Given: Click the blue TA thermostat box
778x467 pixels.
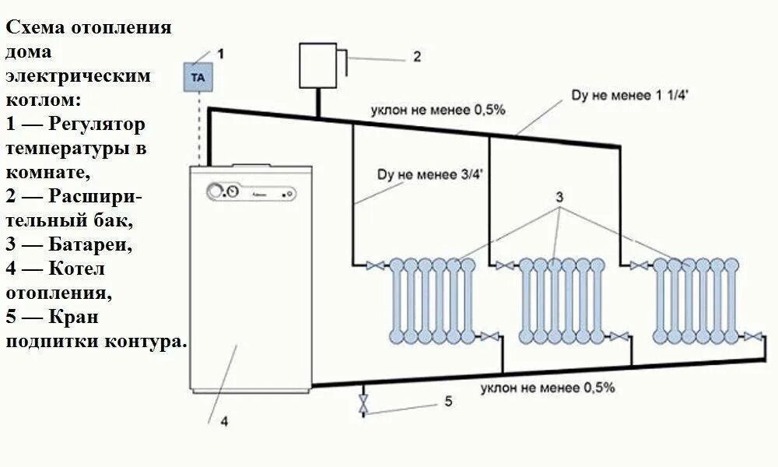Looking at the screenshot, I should coord(198,78).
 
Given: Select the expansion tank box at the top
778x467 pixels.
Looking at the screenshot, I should coord(319,67).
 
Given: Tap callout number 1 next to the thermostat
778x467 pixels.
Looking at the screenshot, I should coord(220,54).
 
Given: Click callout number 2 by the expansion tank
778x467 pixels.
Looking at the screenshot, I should coord(417,56).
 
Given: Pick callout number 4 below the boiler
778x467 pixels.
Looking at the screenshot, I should coord(224,422).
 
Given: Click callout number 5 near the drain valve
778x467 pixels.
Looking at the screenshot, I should coord(448,402).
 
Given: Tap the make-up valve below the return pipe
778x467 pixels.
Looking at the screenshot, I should coord(363,404).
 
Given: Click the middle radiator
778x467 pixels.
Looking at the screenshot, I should coord(562,300).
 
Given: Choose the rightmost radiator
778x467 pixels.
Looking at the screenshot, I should coord(696,300).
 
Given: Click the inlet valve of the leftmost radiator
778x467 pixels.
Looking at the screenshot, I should coord(377,266).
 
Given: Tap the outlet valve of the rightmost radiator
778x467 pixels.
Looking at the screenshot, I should coord(752,336).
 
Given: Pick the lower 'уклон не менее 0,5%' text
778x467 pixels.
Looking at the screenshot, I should coord(548,386).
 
